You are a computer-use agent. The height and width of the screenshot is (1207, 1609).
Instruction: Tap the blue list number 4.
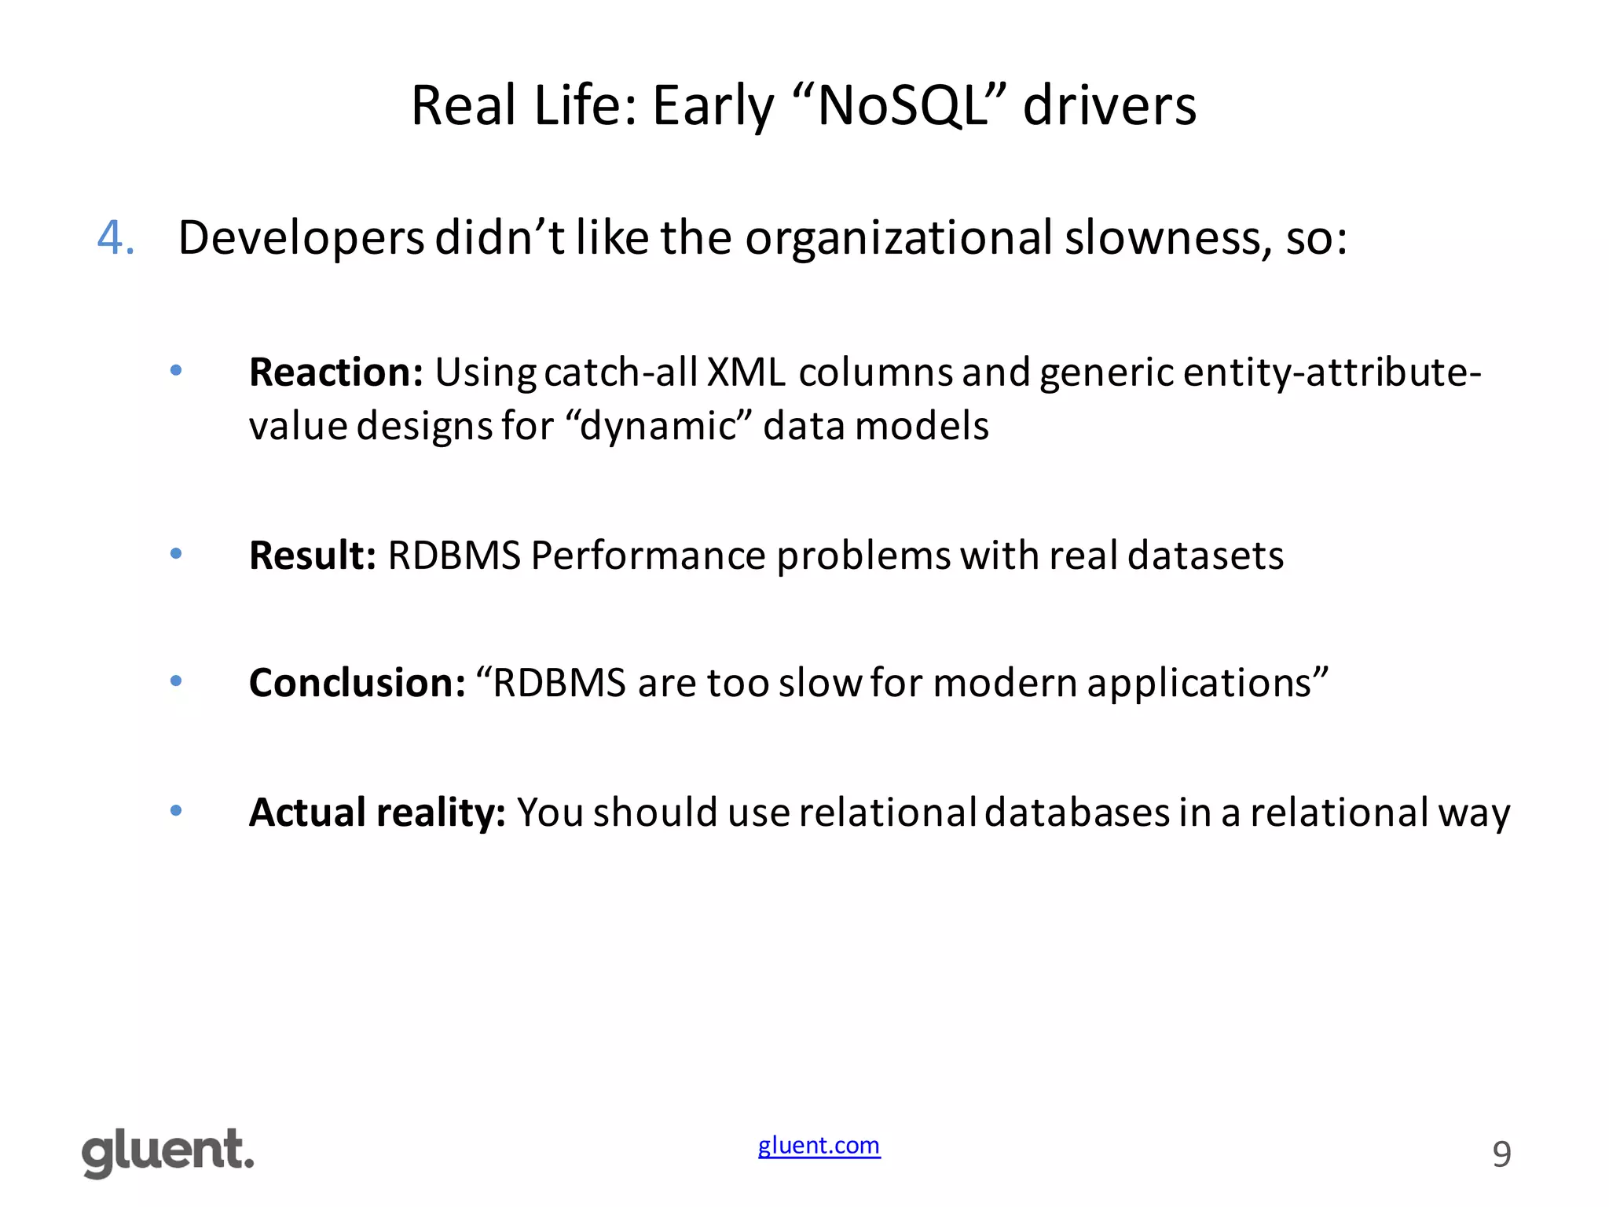pyautogui.click(x=115, y=237)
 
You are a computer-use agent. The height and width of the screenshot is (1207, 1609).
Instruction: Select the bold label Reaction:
pyautogui.click(x=336, y=372)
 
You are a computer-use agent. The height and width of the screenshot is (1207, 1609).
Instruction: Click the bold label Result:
pyautogui.click(x=313, y=556)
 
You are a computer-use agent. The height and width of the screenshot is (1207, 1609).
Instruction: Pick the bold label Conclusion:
pyautogui.click(x=357, y=683)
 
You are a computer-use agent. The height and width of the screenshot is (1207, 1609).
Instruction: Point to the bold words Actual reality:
pyautogui.click(x=377, y=813)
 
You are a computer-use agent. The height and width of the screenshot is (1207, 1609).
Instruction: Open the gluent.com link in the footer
pyautogui.click(x=819, y=1145)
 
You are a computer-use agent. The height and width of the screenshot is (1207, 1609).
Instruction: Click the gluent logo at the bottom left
pyautogui.click(x=168, y=1152)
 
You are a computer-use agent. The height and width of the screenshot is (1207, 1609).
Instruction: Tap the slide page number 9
pyautogui.click(x=1501, y=1154)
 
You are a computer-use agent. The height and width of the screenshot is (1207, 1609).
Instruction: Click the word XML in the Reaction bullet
pyautogui.click(x=746, y=372)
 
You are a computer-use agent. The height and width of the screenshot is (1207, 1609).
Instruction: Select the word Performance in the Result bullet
pyautogui.click(x=648, y=556)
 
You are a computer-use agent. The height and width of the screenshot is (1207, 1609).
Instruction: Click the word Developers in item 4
pyautogui.click(x=302, y=238)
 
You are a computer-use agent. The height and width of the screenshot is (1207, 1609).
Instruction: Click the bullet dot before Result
pyautogui.click(x=176, y=554)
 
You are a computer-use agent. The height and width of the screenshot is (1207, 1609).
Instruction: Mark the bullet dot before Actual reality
pyautogui.click(x=176, y=810)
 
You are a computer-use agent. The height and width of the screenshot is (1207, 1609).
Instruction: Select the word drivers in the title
pyautogui.click(x=1109, y=105)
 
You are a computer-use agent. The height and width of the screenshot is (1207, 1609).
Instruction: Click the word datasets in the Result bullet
pyautogui.click(x=1205, y=556)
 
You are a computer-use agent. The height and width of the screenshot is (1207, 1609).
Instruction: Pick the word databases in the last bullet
pyautogui.click(x=1076, y=813)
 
